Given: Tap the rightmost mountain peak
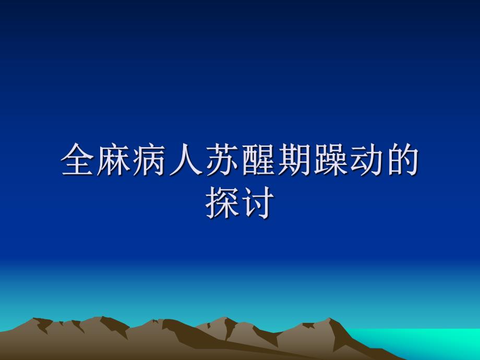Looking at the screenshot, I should pos(329,321).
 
